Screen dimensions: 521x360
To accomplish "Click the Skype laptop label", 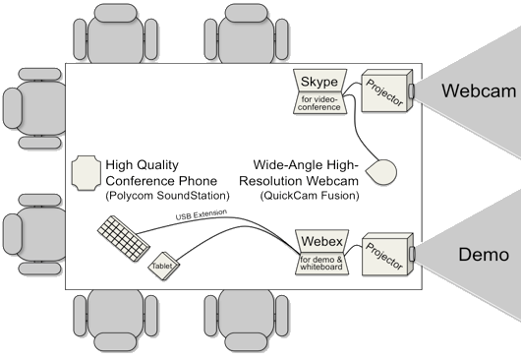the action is coord(318,82).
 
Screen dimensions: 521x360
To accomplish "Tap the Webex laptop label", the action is coord(321,241).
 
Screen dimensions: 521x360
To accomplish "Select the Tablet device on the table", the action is coord(163,266).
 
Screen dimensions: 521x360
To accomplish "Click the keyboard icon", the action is coord(124,239).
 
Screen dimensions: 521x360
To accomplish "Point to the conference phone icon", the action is coord(87,173).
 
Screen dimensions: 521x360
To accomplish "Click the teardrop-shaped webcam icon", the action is coord(382,172).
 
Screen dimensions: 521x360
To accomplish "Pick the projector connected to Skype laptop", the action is coord(387,90).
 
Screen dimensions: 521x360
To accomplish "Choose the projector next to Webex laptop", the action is coord(387,255).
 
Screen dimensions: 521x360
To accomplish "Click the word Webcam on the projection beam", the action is coord(479,90).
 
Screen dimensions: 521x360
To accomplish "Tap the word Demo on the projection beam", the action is coord(484,255).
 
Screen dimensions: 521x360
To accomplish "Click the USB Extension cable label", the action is coord(201,214).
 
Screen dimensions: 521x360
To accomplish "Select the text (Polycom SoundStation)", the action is coord(167,196).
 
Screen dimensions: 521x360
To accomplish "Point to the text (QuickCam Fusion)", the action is coord(310,196).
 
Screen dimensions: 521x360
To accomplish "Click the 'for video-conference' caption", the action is coord(319,103).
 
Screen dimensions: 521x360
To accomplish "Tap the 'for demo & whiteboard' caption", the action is coord(321,264).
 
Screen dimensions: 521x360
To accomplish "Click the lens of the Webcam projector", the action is coord(412,90).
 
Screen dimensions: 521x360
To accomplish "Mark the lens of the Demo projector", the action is coord(412,254).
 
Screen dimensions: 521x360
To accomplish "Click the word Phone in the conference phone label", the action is coord(198,181).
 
